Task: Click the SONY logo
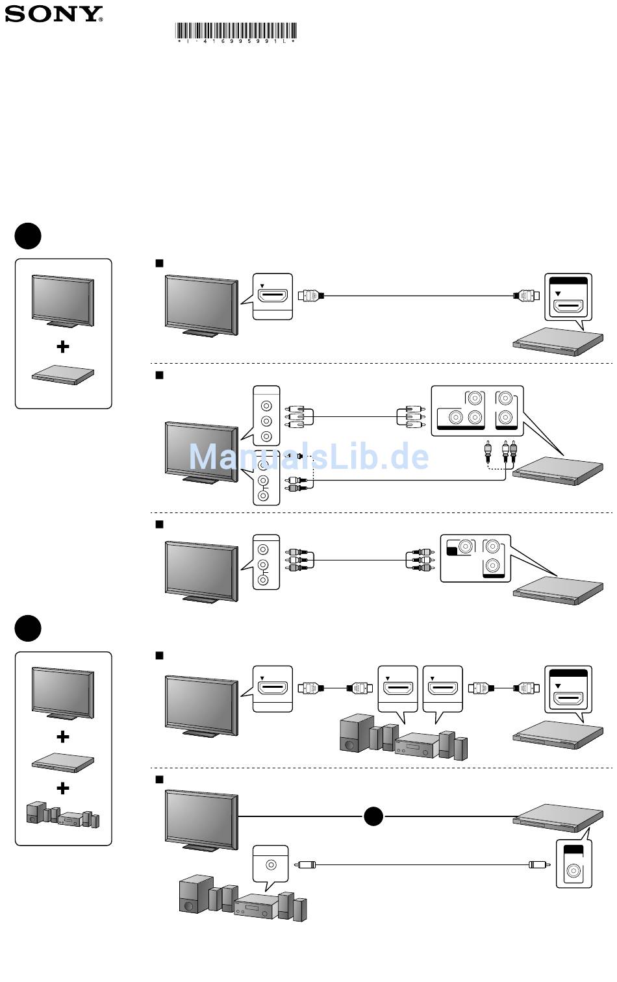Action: (53, 14)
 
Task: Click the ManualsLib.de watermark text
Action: (308, 457)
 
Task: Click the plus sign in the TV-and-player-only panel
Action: (63, 347)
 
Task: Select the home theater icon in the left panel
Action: (63, 815)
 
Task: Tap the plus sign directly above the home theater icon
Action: (63, 788)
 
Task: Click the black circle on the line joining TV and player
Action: (373, 816)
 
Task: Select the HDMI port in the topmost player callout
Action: (568, 305)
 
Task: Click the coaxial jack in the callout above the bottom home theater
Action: (271, 865)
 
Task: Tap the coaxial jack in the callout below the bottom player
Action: (573, 871)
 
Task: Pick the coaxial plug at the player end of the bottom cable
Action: (539, 865)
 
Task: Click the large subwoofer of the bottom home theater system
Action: (195, 894)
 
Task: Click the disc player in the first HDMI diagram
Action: (558, 342)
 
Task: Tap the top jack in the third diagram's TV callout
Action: (263, 549)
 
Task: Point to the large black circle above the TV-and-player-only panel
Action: (28, 236)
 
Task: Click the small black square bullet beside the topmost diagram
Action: (160, 263)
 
